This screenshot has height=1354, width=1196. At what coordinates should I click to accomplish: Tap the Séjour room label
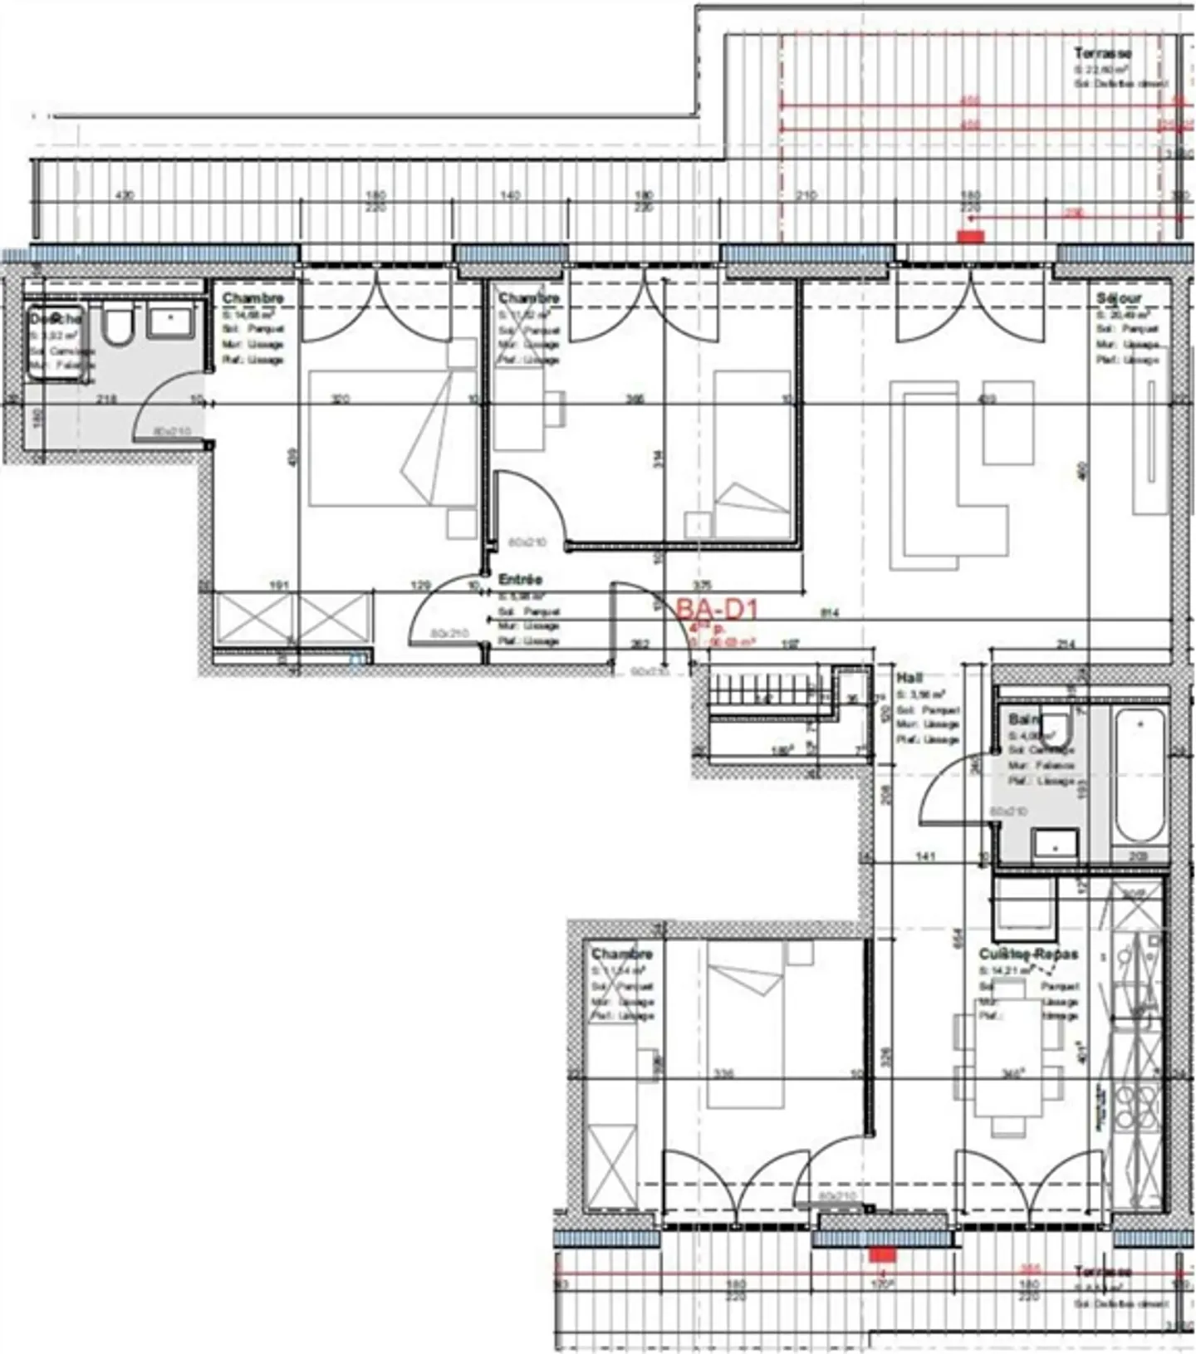[x=1118, y=298]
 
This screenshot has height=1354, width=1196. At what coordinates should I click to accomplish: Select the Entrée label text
[x=520, y=579]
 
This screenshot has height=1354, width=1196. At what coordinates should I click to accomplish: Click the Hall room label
[x=909, y=678]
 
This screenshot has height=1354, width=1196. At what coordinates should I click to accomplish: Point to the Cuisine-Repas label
[x=1027, y=954]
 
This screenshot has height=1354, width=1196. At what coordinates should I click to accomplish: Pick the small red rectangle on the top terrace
[x=970, y=237]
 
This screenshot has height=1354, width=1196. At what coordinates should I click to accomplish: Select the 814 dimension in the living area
[x=830, y=614]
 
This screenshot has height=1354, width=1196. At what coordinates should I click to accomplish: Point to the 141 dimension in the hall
[x=925, y=856]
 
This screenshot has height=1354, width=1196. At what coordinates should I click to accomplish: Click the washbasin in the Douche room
[x=171, y=321]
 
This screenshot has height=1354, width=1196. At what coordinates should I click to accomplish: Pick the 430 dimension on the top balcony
[x=125, y=196]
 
